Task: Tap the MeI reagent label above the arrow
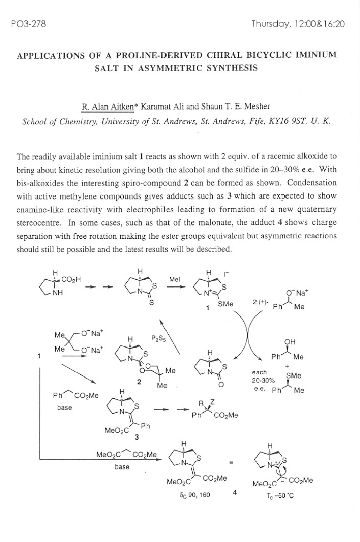click(174, 280)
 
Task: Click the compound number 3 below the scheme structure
click(136, 437)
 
